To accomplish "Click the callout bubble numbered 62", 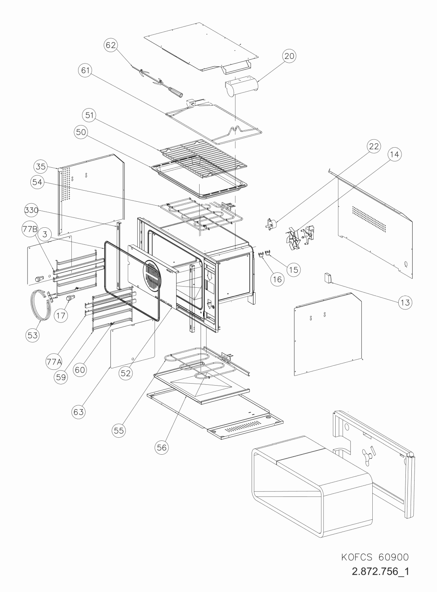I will point(111,45).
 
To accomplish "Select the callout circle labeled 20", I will point(289,56).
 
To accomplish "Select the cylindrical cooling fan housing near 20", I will point(240,86).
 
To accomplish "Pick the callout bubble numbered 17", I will point(61,316).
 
